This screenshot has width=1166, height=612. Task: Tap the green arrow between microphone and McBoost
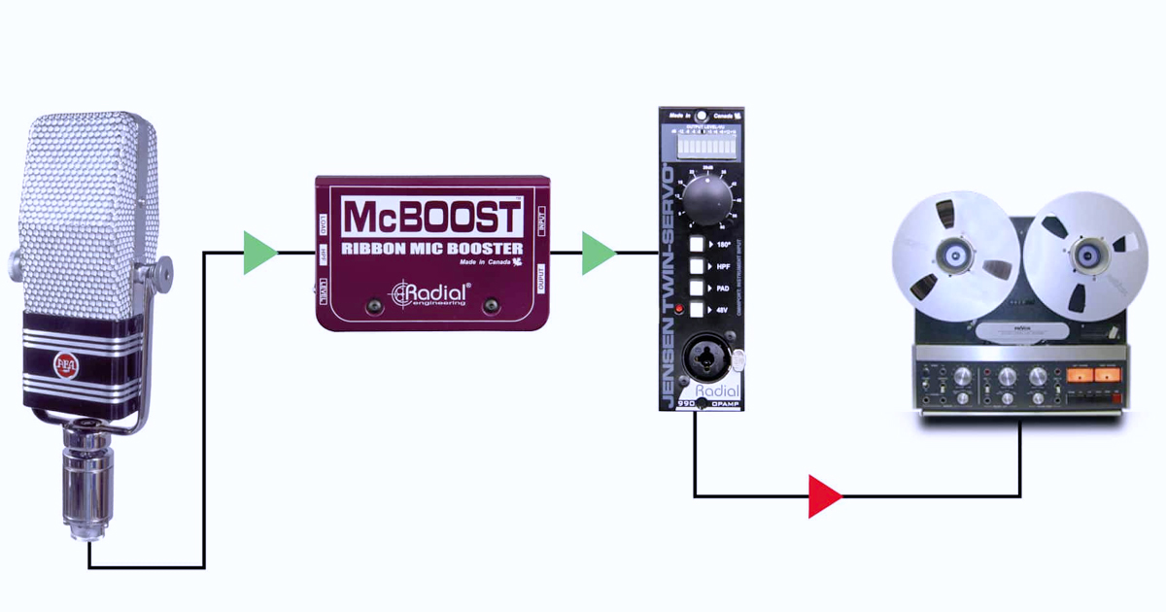pyautogui.click(x=258, y=253)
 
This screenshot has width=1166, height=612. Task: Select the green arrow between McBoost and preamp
pyautogui.click(x=598, y=253)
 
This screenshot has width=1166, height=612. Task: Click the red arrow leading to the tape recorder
pyautogui.click(x=824, y=496)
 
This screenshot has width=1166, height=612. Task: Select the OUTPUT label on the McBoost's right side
pyautogui.click(x=540, y=279)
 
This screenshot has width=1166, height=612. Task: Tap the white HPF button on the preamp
pyautogui.click(x=697, y=265)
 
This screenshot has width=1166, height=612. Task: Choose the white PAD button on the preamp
pyautogui.click(x=697, y=288)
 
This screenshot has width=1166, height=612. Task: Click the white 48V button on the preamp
pyautogui.click(x=697, y=309)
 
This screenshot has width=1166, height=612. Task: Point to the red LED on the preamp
pyautogui.click(x=678, y=309)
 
